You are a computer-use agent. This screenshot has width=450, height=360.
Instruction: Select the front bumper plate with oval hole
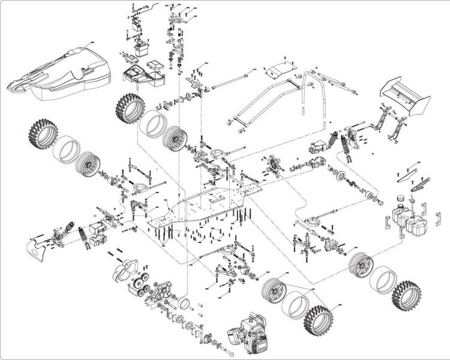click(37, 250)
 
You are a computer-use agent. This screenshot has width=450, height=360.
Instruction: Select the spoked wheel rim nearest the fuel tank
click(361, 263)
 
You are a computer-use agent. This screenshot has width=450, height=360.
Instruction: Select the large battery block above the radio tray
click(143, 47)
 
